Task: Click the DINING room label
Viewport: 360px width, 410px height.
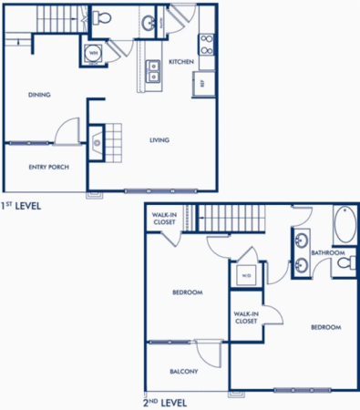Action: click(38, 94)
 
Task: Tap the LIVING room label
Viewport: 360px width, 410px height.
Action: click(160, 139)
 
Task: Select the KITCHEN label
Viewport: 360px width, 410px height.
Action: click(181, 62)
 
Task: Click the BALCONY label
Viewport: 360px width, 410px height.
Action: click(184, 372)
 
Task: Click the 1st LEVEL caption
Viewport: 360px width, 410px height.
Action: click(21, 206)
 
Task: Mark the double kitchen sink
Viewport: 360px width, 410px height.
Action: click(153, 71)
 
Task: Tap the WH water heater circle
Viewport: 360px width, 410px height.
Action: click(93, 52)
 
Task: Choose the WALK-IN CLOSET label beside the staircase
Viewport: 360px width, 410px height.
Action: click(163, 219)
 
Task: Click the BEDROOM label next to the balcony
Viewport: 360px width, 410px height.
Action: click(187, 292)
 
